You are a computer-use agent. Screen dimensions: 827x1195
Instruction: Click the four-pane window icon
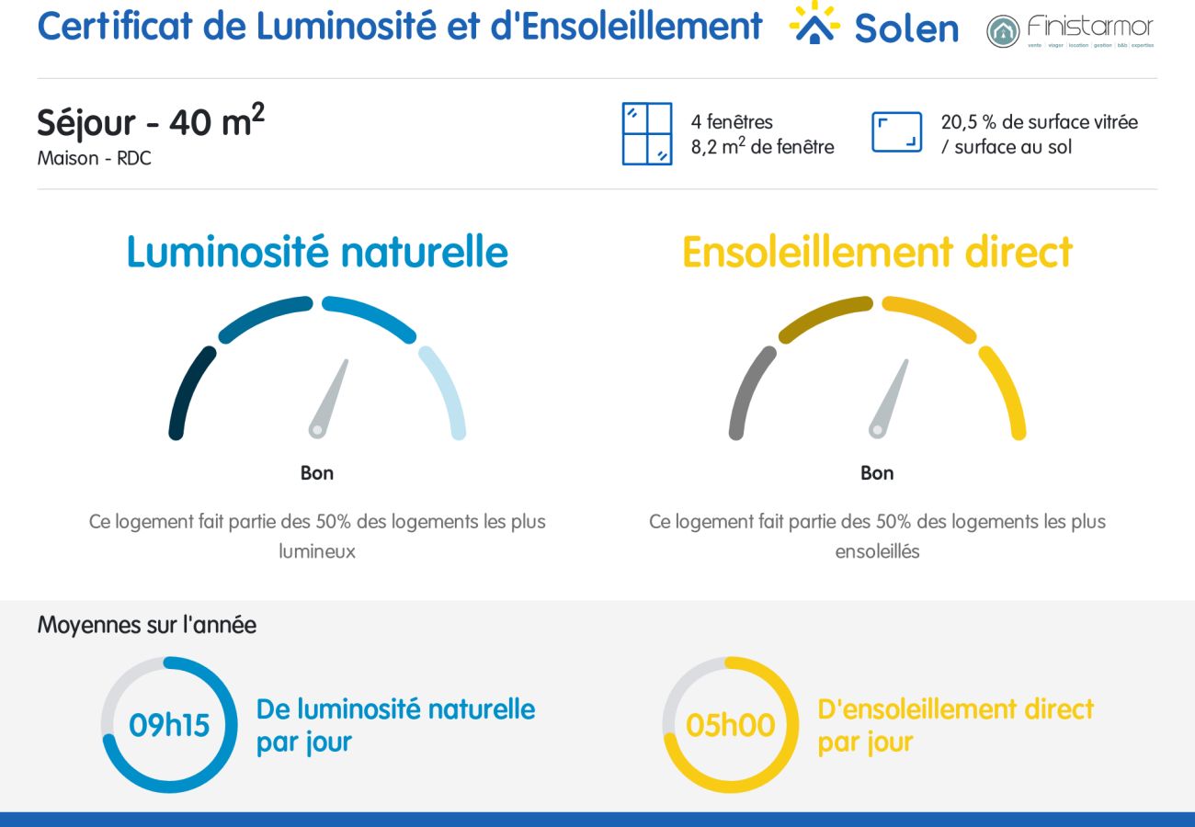pos(647,134)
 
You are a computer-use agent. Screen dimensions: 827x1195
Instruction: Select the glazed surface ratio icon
pos(896,132)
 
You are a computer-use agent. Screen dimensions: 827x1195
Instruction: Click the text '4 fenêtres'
pos(732,121)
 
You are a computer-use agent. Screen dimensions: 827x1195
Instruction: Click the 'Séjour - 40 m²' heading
pos(151,122)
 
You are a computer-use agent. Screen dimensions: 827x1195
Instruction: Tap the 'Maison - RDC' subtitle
pos(94,158)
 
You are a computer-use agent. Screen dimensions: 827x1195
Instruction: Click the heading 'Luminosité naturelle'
pos(317,252)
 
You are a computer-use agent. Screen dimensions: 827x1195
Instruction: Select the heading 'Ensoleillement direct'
pos(877,252)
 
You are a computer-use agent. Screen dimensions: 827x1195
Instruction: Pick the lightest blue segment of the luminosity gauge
pos(447,391)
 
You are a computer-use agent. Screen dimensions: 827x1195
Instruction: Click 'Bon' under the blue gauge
pos(317,473)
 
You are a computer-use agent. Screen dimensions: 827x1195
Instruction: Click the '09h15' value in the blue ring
pos(169,725)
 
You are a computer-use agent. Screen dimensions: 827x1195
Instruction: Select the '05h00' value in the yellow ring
pos(731,725)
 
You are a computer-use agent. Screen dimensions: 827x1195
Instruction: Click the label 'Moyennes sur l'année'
pos(147,625)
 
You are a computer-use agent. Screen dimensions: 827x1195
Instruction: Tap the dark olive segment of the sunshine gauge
pos(824,314)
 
